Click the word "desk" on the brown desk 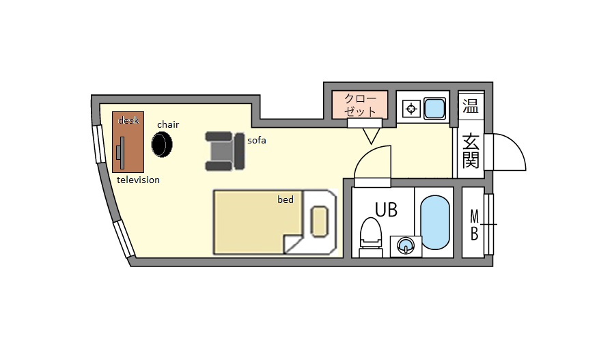point(128,120)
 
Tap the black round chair point(162,144)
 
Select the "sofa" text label point(257,140)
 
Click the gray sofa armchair point(225,151)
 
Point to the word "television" point(138,180)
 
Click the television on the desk point(121,152)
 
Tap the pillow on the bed point(319,221)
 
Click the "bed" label point(286,199)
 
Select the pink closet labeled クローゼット point(360,105)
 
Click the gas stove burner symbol point(411,109)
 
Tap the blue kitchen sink point(434,108)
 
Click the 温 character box point(471,106)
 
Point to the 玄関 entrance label point(471,151)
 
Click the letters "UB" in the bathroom point(386,210)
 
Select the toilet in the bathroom point(371,237)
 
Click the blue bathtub point(435,222)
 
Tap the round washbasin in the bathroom point(406,246)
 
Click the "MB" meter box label point(474,225)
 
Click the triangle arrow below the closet point(371,136)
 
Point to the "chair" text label point(168,124)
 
